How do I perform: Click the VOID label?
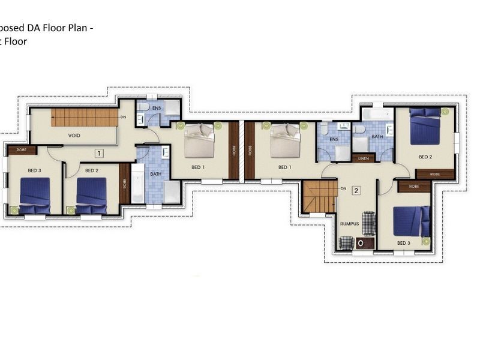pos(74,136)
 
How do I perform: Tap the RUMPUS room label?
pos(349,223)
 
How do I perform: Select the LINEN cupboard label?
pos(364,158)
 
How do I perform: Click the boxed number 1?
pos(99,153)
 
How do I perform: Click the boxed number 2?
pos(356,191)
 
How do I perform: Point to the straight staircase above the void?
pos(84,117)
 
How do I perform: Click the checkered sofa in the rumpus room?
pos(368,223)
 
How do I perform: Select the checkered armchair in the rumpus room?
pos(346,243)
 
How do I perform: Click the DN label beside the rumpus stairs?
pos(343,188)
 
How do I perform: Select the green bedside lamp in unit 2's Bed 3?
pos(426,241)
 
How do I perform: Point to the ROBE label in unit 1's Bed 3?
pos(22,150)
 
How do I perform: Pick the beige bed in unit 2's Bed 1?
pos(285,141)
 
